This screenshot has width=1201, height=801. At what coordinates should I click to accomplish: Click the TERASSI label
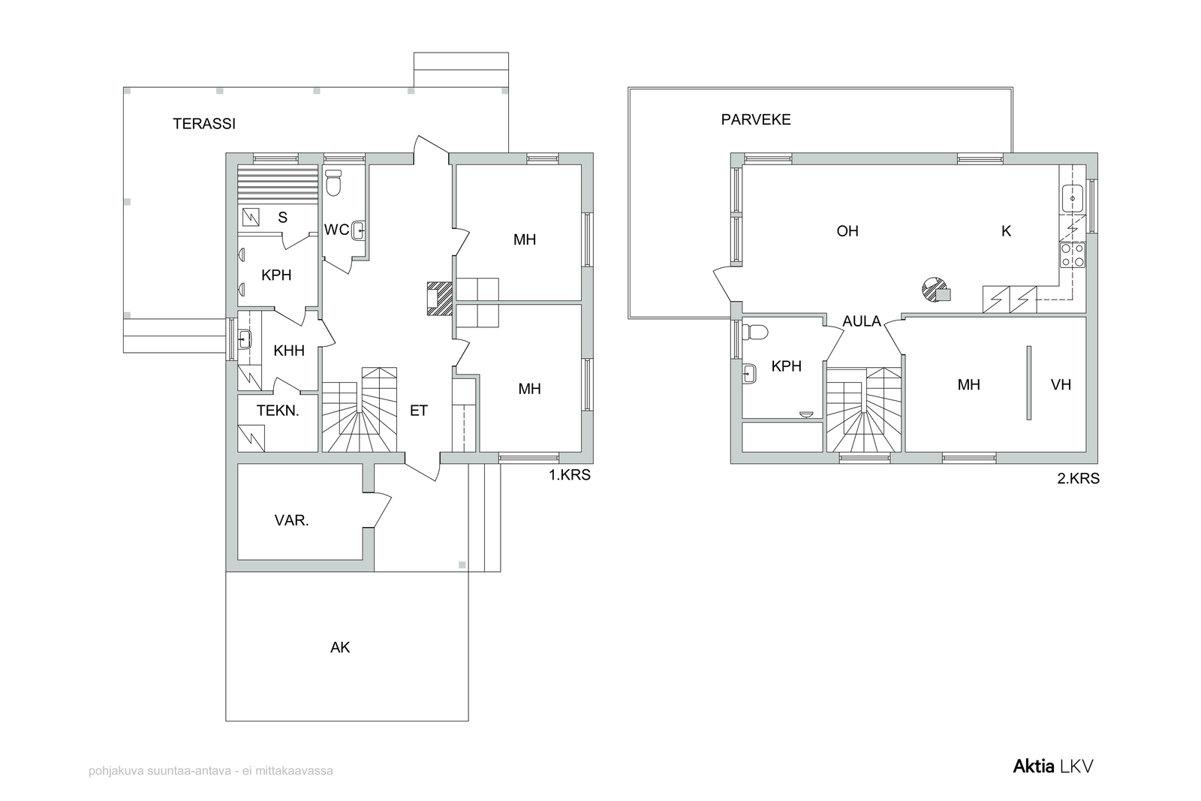click(x=203, y=124)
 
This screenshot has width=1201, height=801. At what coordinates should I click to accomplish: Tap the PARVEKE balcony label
click(x=755, y=119)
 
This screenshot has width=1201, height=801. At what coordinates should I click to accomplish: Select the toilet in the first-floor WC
click(x=333, y=183)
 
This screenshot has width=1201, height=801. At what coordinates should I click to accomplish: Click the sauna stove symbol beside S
click(x=251, y=217)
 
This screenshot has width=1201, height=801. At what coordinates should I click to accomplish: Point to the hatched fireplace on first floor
click(x=440, y=298)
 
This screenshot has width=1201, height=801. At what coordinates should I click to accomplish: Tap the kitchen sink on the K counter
click(x=1073, y=198)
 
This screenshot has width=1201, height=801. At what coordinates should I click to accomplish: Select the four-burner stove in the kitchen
click(x=1073, y=255)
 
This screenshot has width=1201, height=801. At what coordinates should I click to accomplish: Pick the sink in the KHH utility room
click(x=245, y=339)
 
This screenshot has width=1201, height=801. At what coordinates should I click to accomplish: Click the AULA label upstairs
click(x=862, y=321)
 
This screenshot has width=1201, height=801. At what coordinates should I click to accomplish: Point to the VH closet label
click(x=1061, y=384)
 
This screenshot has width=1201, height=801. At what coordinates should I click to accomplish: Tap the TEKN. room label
click(x=278, y=411)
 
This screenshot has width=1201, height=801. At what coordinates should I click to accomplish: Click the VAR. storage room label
click(x=292, y=520)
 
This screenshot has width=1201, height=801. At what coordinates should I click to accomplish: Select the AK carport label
click(x=340, y=648)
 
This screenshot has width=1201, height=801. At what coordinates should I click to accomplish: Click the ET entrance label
click(x=419, y=411)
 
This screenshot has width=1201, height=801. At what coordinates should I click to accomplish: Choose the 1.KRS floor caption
click(x=570, y=475)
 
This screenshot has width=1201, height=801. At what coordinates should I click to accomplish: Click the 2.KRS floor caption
click(x=1078, y=479)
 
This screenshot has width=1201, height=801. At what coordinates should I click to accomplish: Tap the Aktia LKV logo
click(x=1053, y=766)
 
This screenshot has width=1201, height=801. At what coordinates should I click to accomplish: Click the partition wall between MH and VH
click(x=1029, y=383)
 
